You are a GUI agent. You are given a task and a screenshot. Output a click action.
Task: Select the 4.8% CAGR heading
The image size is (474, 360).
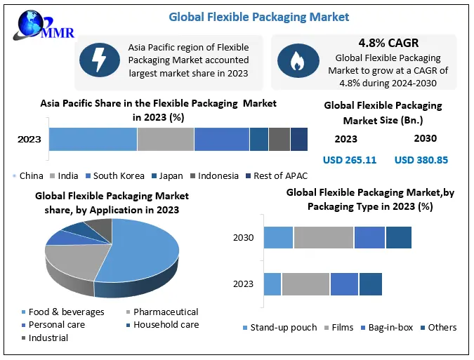(388, 42)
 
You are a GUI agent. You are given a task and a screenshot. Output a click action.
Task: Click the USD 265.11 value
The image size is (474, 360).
(350, 160)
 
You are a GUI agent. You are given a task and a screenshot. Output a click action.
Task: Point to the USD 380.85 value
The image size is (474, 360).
(421, 160)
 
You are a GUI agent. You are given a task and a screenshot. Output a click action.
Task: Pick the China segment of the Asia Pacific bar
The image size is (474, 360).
(93, 139)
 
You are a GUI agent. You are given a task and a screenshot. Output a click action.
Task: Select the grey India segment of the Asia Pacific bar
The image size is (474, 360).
(165, 139)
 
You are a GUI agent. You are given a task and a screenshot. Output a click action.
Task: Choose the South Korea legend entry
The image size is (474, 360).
(114, 176)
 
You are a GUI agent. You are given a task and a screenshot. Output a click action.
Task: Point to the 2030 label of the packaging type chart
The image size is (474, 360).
(243, 237)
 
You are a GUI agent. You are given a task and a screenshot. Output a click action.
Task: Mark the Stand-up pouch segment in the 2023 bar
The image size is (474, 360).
(272, 284)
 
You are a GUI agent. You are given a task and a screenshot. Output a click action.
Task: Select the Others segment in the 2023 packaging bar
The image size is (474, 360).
(370, 284)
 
